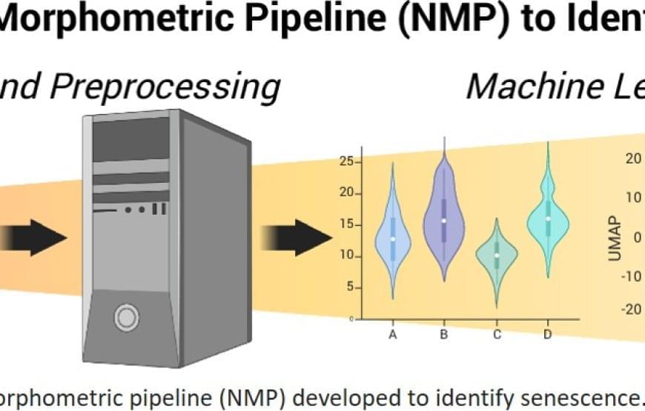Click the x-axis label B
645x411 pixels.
point(443,335)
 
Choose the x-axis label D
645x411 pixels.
point(547,335)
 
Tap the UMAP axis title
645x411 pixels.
point(614,237)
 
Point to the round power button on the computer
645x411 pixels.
point(126,318)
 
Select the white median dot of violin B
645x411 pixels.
point(443,220)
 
